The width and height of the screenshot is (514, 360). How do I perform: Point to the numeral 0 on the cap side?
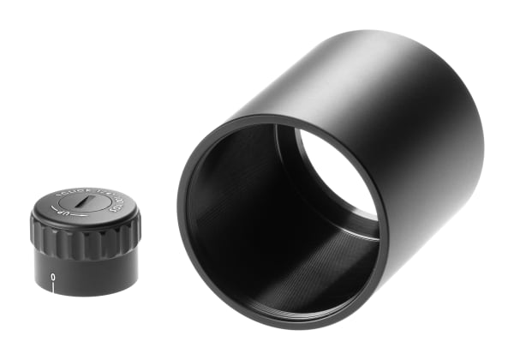[x=53, y=277]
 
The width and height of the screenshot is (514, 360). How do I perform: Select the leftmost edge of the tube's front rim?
[x=181, y=214]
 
